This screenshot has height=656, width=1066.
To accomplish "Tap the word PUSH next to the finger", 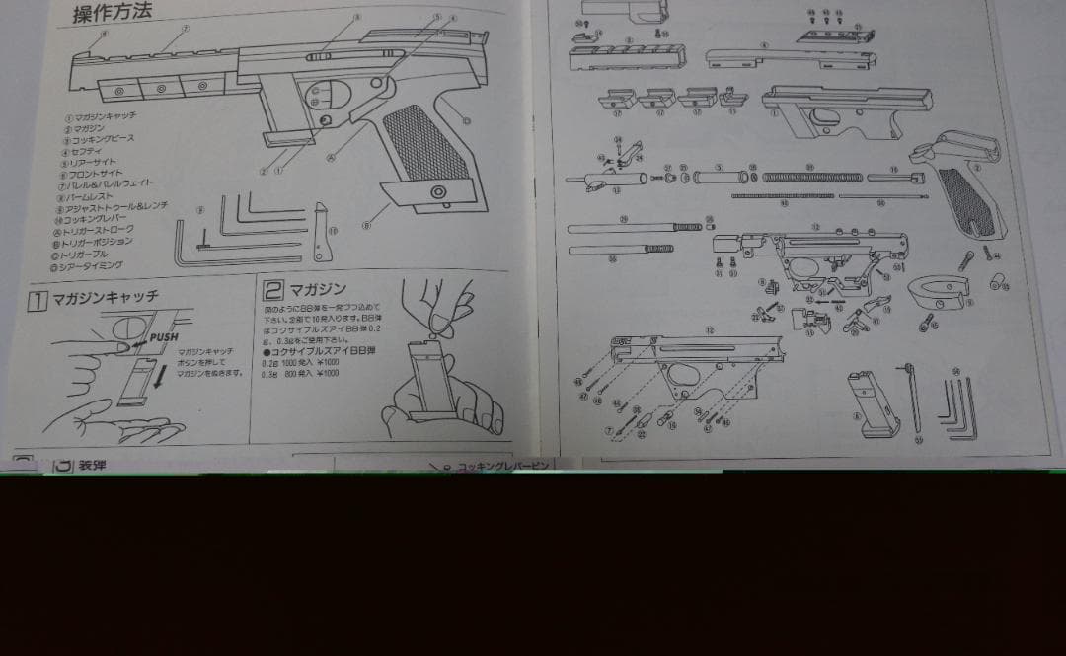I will click(165, 337).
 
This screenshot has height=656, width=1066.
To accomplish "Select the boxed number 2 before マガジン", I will click(273, 289).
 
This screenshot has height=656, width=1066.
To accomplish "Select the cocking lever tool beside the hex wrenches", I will click(321, 233).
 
